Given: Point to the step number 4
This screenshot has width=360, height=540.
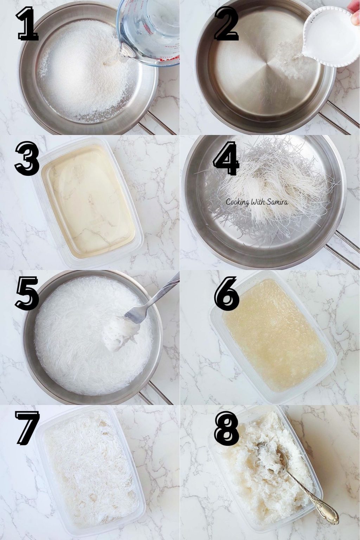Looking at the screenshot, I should click(227, 159).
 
